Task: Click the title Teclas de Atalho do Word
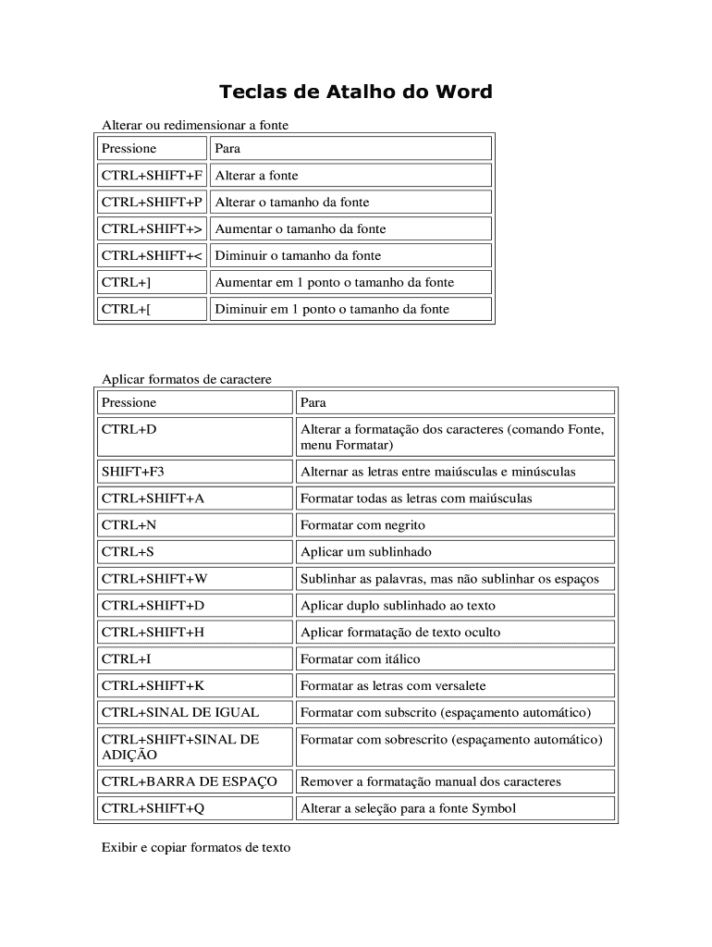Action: [355, 92]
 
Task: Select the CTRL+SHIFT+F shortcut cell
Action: [152, 176]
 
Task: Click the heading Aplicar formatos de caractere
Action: [186, 379]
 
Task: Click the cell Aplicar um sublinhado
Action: [366, 552]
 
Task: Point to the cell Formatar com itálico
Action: [361, 659]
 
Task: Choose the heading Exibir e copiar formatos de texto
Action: [195, 847]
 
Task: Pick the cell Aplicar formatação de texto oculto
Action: [400, 633]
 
